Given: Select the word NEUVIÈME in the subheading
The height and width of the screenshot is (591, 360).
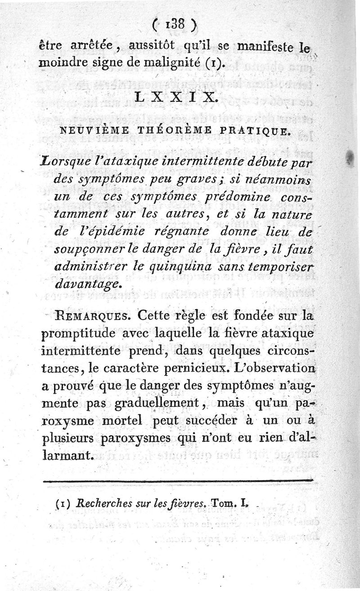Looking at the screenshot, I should click(89, 131).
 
